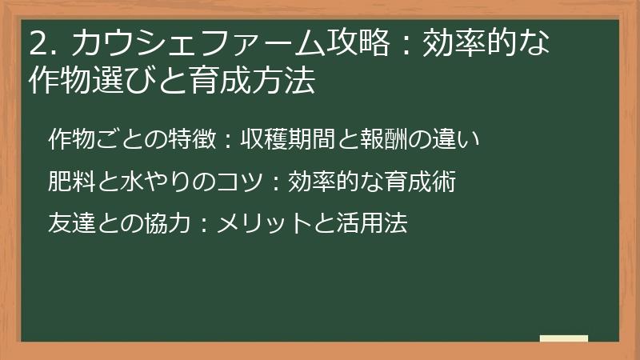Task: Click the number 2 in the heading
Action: pos(35,43)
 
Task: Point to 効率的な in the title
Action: pos(486,43)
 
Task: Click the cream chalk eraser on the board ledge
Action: pos(563,339)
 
